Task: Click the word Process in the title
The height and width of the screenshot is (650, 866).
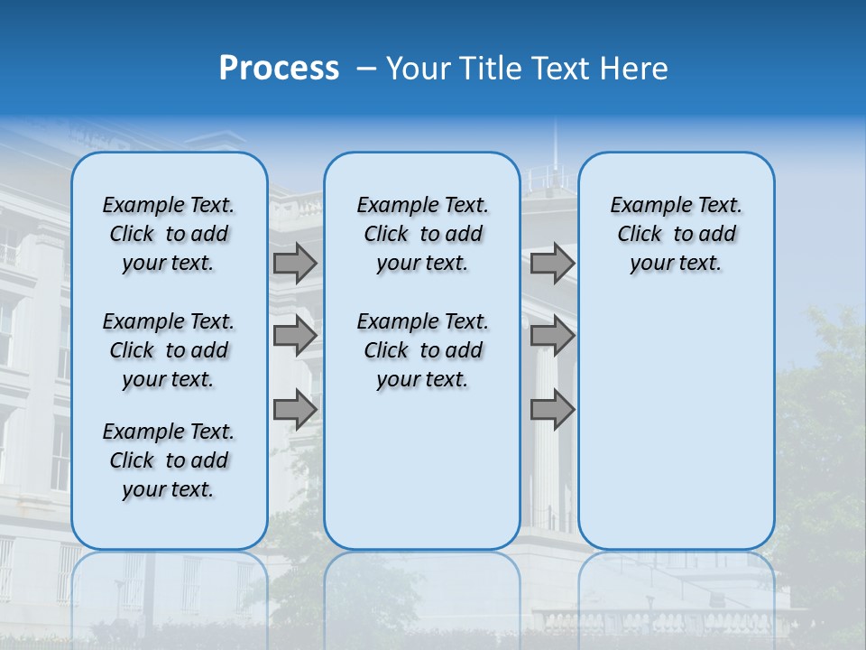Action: [x=279, y=68]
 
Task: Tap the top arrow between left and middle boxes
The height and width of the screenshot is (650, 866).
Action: [x=295, y=264]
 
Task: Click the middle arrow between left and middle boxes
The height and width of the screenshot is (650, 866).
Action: [x=295, y=336]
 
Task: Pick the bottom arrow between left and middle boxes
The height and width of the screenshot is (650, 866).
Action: [x=295, y=410]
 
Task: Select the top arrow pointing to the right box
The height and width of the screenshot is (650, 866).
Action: [x=552, y=264]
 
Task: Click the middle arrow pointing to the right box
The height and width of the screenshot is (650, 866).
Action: [x=552, y=336]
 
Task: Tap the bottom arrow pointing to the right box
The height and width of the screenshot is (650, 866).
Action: [x=552, y=410]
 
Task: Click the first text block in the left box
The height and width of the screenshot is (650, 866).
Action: [x=169, y=234]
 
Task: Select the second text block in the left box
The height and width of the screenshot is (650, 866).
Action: [x=169, y=350]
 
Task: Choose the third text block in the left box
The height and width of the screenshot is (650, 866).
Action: [x=169, y=460]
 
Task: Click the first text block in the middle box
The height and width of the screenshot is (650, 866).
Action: [x=422, y=234]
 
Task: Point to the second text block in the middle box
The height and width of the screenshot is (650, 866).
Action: [x=422, y=350]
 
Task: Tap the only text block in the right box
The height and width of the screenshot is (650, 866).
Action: [x=676, y=234]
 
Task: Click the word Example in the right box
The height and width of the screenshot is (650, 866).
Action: [x=648, y=206]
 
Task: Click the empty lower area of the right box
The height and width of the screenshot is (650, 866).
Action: [x=676, y=424]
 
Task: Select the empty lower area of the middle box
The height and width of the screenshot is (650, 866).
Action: [x=422, y=478]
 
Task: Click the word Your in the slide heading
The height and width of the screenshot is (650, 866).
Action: [x=417, y=68]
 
